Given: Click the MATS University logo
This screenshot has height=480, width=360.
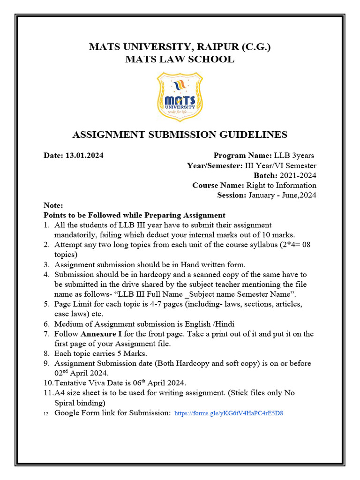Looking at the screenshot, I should point(180,96).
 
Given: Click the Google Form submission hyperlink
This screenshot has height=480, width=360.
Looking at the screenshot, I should point(229,413).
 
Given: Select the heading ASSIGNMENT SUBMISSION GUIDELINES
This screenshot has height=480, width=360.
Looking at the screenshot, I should point(180,135).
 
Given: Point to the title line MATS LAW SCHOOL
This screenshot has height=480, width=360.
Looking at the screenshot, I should point(180,59).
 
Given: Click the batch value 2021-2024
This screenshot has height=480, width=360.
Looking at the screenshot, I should point(298,175).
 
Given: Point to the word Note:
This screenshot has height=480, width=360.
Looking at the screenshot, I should point(52,205).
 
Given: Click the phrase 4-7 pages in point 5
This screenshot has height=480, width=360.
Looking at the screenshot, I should point(147,304).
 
